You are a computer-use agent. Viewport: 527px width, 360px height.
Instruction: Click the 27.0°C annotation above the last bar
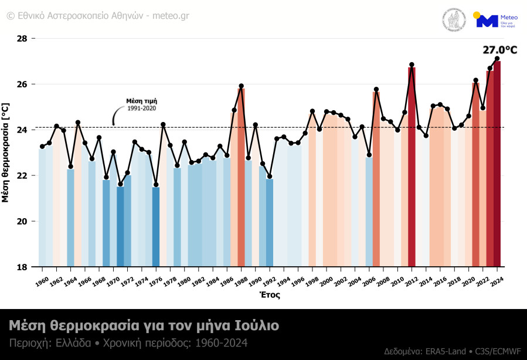(499, 50)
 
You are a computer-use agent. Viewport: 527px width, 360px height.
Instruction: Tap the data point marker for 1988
(241, 86)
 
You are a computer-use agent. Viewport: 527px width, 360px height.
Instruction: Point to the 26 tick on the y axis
(22, 84)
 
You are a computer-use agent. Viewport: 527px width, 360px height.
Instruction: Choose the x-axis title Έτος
(270, 295)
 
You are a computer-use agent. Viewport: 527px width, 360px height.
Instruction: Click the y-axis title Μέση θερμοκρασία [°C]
(6, 152)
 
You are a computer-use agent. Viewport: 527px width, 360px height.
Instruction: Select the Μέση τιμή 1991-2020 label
(142, 104)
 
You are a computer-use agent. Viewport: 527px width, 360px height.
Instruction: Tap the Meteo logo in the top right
(496, 21)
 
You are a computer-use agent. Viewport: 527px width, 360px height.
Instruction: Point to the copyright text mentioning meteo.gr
(98, 15)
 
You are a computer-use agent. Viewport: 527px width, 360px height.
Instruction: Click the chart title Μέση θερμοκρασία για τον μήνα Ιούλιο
(144, 325)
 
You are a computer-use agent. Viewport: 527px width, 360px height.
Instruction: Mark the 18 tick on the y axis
(22, 267)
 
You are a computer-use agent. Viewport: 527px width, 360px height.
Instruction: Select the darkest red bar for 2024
(497, 164)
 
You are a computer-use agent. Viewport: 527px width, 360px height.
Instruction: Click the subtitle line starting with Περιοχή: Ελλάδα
(128, 342)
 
